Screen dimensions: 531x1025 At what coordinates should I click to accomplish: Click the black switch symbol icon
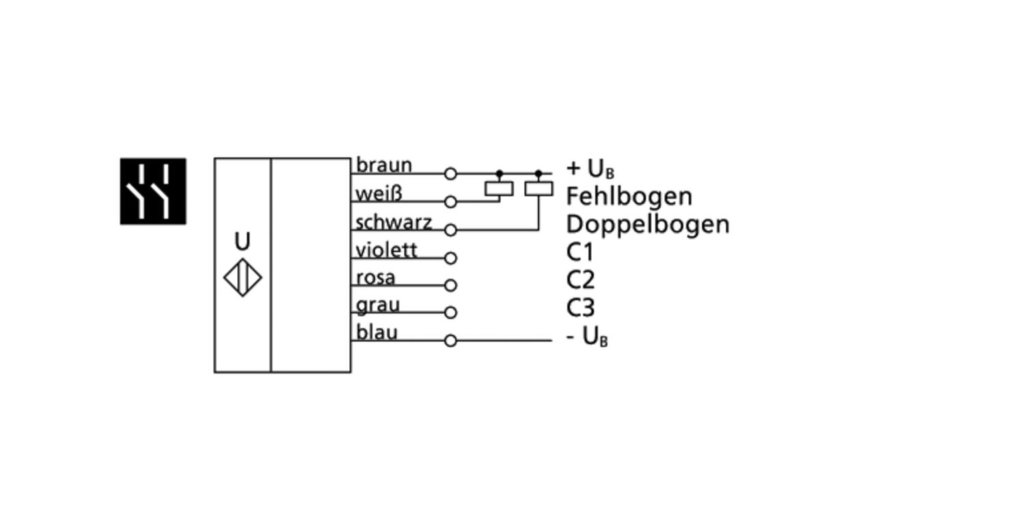(x=153, y=191)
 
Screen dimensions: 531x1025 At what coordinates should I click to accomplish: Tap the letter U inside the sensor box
(x=243, y=242)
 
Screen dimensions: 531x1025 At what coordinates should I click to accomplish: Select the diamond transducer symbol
(x=243, y=278)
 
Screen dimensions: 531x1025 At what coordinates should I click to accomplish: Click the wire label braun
(x=384, y=165)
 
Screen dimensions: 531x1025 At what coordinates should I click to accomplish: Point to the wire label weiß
(x=379, y=193)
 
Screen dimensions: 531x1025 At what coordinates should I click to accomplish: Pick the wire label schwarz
(x=394, y=222)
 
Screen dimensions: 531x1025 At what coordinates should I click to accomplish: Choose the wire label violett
(x=387, y=250)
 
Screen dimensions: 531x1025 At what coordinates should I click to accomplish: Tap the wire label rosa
(x=376, y=278)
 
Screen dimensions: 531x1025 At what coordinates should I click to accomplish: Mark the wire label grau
(x=378, y=305)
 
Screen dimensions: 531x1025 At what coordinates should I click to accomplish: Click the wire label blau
(x=377, y=333)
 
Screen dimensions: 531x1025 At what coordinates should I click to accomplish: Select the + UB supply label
(x=590, y=169)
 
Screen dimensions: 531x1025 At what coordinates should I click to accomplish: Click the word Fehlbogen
(x=629, y=197)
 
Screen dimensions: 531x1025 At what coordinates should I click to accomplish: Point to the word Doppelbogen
(x=648, y=224)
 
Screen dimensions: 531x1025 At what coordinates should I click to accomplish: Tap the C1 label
(x=580, y=253)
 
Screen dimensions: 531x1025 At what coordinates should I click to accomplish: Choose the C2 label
(x=580, y=280)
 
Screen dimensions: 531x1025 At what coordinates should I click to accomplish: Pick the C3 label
(x=580, y=308)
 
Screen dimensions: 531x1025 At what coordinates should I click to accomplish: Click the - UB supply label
(x=587, y=337)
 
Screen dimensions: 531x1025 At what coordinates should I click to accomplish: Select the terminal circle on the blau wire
(x=450, y=340)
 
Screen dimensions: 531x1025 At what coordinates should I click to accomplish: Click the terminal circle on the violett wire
(x=450, y=258)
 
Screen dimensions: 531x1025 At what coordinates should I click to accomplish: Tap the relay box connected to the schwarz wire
(x=538, y=189)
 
